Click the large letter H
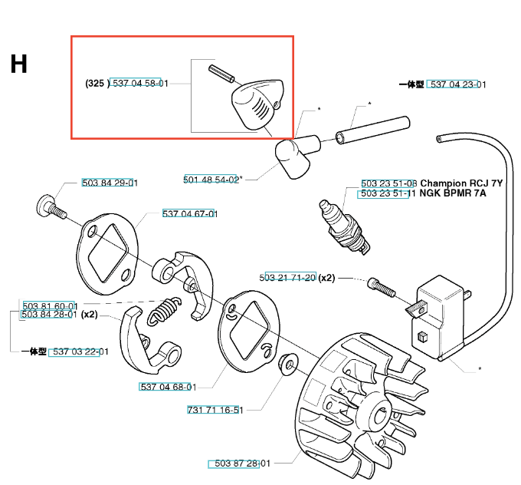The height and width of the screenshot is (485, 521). [18, 64]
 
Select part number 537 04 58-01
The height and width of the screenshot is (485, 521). [140, 83]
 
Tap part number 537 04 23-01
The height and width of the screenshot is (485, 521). [458, 84]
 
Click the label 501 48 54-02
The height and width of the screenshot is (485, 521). [211, 180]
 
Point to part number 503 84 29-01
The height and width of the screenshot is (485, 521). [110, 183]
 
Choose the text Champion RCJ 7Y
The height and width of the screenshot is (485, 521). [461, 183]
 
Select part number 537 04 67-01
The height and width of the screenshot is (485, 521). [190, 213]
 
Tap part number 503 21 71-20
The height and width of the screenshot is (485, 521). [287, 277]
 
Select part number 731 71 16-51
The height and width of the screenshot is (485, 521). [215, 410]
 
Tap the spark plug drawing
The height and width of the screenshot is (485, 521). [344, 226]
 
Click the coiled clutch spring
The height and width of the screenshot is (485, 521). [164, 310]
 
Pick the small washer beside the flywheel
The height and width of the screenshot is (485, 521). [288, 365]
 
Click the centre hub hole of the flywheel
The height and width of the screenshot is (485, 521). [381, 414]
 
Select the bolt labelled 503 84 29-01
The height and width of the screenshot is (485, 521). [51, 206]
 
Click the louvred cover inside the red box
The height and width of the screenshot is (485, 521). [257, 105]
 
